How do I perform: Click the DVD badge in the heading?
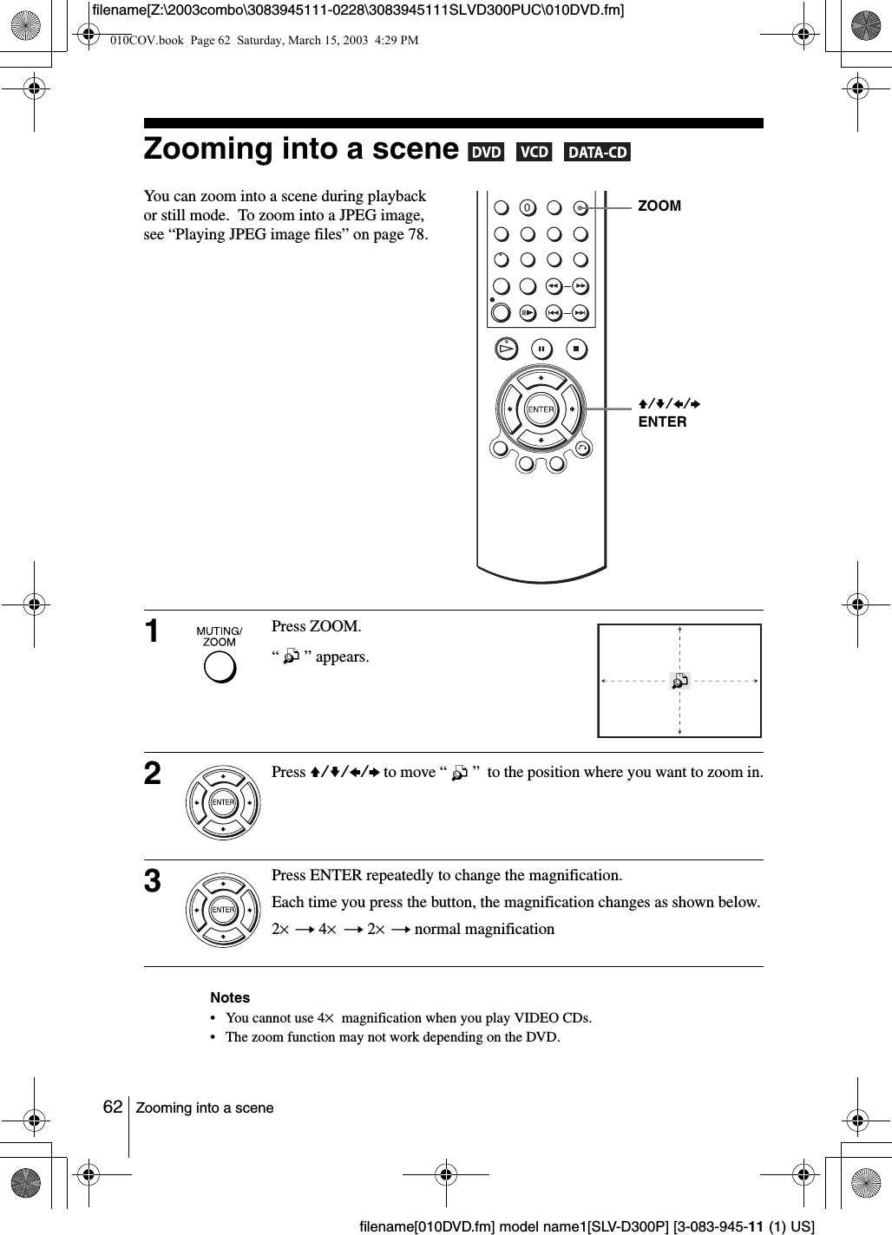[x=485, y=153]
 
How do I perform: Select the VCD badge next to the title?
[x=534, y=153]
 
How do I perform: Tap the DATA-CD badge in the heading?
[x=597, y=153]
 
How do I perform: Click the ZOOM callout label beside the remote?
[x=659, y=206]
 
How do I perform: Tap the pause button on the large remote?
[x=541, y=349]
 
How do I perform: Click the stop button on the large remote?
[x=576, y=349]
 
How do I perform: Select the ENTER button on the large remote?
[x=541, y=409]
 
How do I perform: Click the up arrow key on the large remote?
[x=541, y=379]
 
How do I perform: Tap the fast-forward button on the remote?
[x=580, y=286]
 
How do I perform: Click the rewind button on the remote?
[x=553, y=286]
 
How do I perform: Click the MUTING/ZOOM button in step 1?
[x=220, y=667]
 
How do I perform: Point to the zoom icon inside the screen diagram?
[x=679, y=681]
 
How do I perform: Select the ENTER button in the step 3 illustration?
[x=223, y=909]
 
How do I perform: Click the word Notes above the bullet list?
[x=230, y=997]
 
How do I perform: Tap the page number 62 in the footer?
[x=112, y=1107]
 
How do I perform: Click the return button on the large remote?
[x=581, y=448]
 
